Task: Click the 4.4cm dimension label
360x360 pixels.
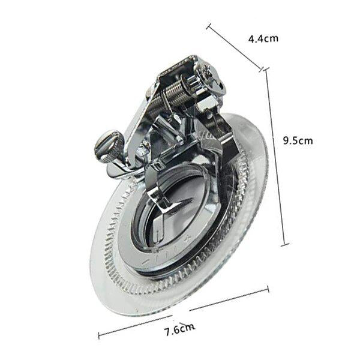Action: pos(263,38)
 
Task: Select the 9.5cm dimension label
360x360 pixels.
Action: pos(298,140)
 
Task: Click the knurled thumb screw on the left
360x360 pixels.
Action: pos(107,146)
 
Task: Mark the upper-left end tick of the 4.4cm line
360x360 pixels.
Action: pos(208,26)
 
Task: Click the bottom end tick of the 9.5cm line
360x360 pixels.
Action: pos(285,245)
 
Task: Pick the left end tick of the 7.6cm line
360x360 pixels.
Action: pos(99,335)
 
